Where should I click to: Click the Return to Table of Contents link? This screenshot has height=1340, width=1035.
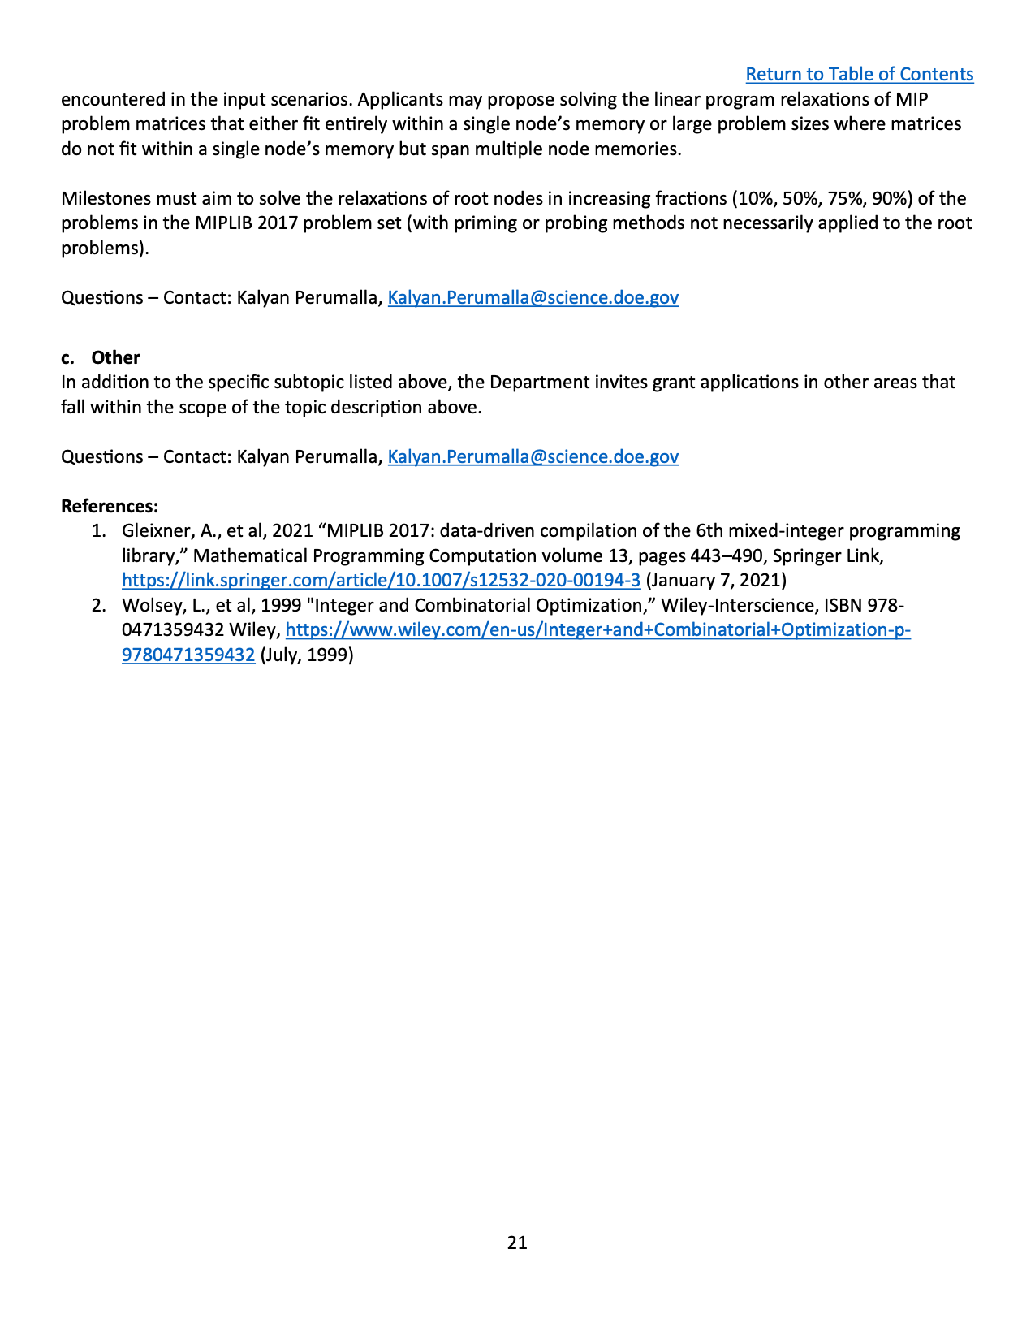point(859,75)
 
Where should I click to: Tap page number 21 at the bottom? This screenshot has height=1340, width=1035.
point(517,1243)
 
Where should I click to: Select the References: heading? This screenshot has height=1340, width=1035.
point(110,507)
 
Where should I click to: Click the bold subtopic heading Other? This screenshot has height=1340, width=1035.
point(115,357)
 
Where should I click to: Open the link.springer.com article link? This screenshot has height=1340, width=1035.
point(381,581)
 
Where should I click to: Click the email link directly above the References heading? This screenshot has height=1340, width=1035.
point(533,457)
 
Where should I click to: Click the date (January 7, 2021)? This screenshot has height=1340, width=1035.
point(715,581)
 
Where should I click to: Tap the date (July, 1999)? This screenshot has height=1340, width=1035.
point(306,655)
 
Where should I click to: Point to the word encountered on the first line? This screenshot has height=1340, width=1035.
point(110,100)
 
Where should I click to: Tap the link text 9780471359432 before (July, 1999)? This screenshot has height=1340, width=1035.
point(188,655)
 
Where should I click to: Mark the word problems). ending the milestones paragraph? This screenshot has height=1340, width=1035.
point(105,249)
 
